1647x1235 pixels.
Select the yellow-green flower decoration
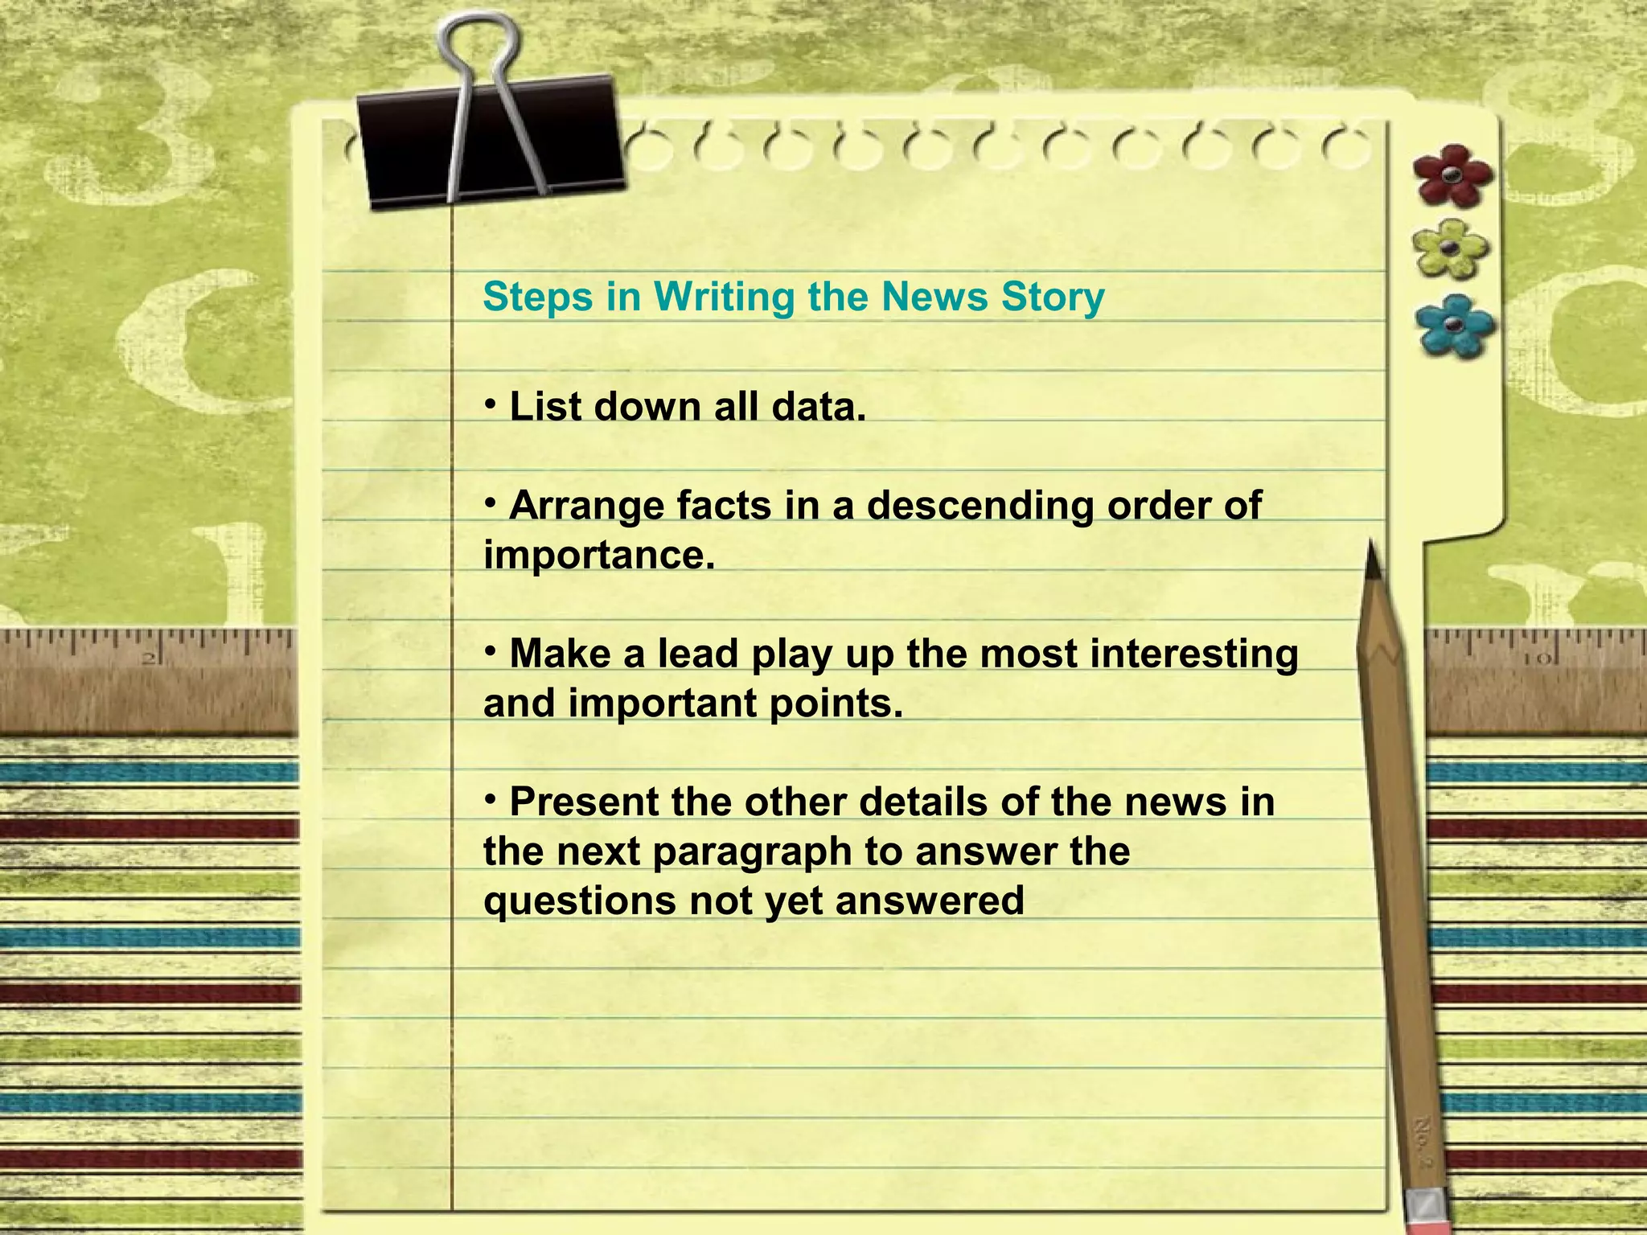coord(1450,248)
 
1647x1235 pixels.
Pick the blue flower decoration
coord(1454,325)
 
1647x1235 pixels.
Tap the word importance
coord(598,556)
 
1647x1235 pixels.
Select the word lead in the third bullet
coord(697,654)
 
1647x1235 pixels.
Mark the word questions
coord(579,901)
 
